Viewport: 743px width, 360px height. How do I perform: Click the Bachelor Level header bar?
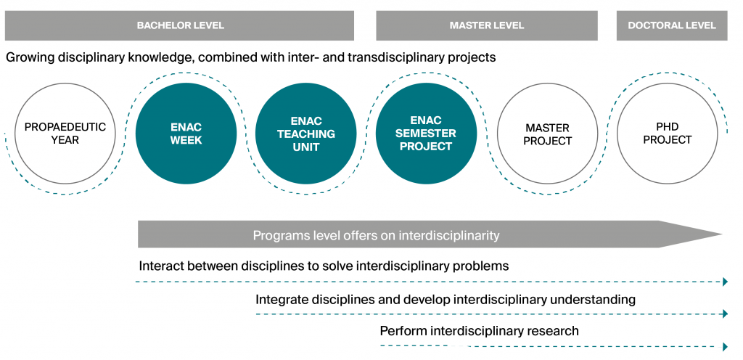click(180, 25)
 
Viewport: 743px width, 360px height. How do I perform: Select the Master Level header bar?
click(486, 25)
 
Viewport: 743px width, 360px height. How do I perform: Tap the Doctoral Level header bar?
click(671, 25)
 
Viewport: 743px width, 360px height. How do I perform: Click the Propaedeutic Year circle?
click(65, 134)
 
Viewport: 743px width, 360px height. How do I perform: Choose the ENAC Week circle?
click(186, 134)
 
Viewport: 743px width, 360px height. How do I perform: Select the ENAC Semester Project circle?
click(426, 134)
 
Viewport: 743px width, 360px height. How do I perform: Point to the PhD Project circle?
click(667, 134)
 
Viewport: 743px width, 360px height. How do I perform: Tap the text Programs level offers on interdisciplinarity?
click(376, 235)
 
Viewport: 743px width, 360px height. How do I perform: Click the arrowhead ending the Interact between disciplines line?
click(725, 282)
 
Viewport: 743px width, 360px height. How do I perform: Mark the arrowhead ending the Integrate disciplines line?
click(725, 314)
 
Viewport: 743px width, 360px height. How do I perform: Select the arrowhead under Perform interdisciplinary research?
click(725, 346)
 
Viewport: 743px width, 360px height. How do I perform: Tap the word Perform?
click(403, 331)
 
